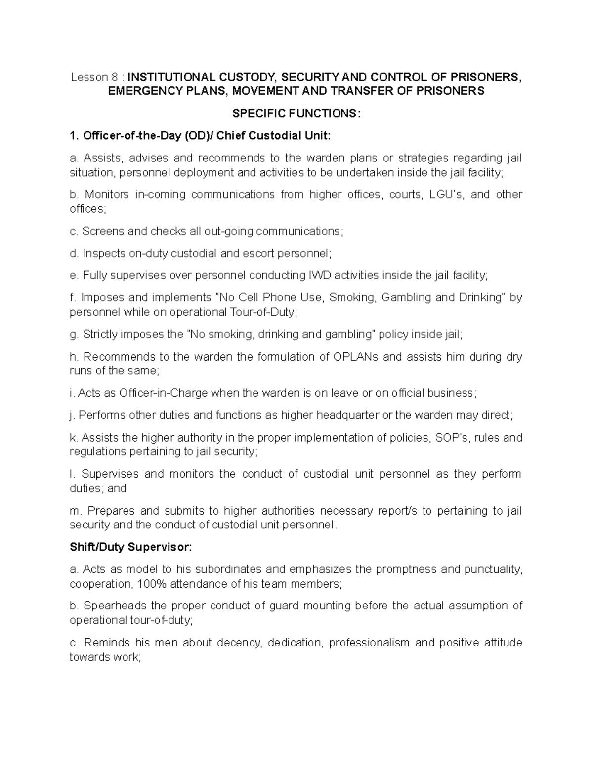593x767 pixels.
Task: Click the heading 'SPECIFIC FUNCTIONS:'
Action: [x=296, y=114]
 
